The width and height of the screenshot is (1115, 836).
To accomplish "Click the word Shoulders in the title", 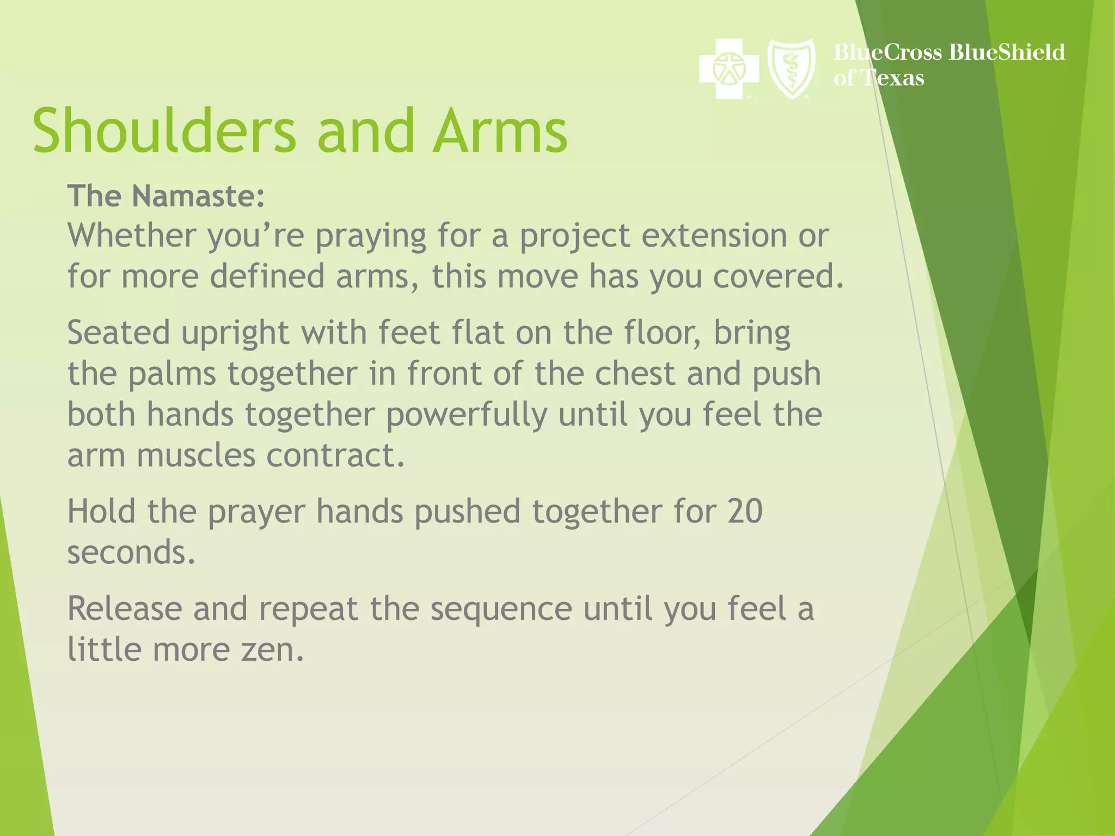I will pyautogui.click(x=163, y=131).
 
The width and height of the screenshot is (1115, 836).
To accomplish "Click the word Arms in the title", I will pyautogui.click(x=500, y=131).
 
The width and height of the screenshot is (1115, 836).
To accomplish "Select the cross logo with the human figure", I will pyautogui.click(x=728, y=69).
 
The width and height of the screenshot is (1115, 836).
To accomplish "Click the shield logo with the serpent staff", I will pyautogui.click(x=791, y=69).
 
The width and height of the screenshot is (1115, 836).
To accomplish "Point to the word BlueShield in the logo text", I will pyautogui.click(x=1006, y=52).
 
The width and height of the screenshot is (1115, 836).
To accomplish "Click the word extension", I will pyautogui.click(x=713, y=236).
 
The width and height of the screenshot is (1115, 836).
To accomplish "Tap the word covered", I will pyautogui.click(x=777, y=276).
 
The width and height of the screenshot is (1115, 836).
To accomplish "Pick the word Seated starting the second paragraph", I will pyautogui.click(x=118, y=333).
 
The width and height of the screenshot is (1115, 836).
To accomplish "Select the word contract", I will pyautogui.click(x=335, y=456).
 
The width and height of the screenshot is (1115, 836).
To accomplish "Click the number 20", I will pyautogui.click(x=744, y=512).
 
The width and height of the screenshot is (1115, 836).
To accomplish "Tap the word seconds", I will pyautogui.click(x=131, y=552).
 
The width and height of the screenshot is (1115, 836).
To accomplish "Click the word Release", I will pyautogui.click(x=124, y=608).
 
